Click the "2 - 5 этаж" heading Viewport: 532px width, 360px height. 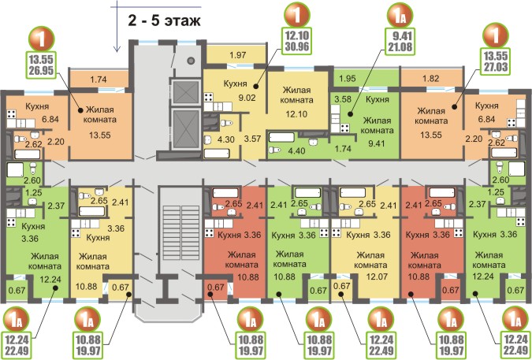pos(164,21)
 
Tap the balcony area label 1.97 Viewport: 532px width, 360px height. pos(237,54)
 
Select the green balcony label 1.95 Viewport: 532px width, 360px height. pos(348,78)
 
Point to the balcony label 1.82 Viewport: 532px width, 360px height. pos(431,78)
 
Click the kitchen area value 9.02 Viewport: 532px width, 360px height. pos(247,98)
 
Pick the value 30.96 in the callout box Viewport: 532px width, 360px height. pos(297,46)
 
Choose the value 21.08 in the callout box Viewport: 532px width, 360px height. pos(400,46)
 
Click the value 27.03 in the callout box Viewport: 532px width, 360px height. pos(496,66)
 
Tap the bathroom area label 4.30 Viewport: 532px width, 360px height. pos(226,139)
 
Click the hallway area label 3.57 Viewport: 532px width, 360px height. pos(252,138)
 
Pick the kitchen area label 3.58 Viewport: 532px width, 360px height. pos(343,99)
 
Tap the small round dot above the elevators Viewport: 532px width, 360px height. pos(191,61)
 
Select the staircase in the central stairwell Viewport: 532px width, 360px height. pos(180,232)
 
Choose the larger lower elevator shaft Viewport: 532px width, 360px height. pos(185,129)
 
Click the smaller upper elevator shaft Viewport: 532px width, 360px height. pos(185,92)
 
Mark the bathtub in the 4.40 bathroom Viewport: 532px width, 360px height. pos(281,137)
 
